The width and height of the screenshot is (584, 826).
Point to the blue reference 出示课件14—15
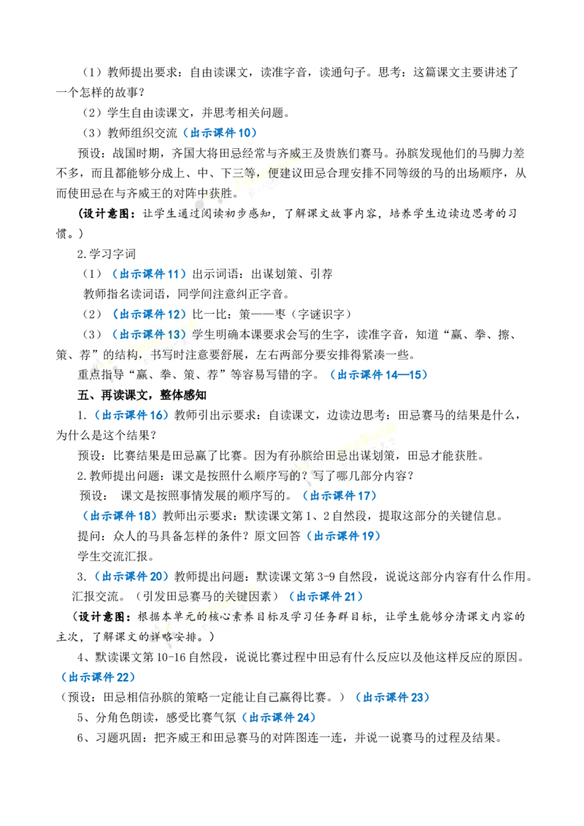point(379,375)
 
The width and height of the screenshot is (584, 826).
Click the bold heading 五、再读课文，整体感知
point(142,395)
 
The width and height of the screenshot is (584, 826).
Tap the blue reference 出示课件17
point(340,495)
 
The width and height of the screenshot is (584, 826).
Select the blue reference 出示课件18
point(120,516)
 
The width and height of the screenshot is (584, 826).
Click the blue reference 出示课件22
point(98,677)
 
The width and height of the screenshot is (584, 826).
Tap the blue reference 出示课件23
point(393,698)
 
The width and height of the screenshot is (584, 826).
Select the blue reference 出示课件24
point(279,717)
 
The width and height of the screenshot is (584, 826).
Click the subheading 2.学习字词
point(107,254)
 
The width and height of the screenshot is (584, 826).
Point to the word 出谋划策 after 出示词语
point(274,274)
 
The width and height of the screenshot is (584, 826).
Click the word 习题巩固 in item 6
point(118,738)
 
